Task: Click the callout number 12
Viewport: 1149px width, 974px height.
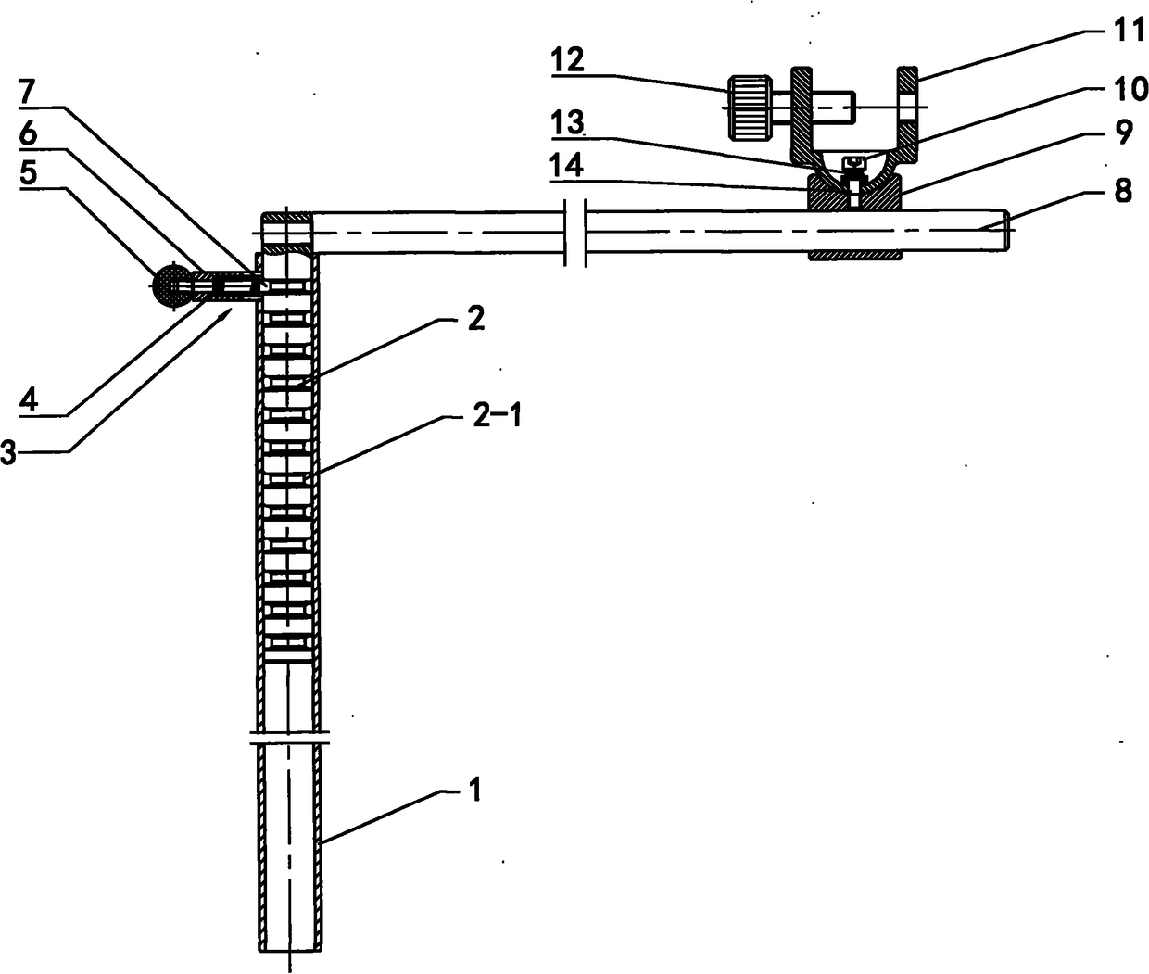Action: tap(568, 60)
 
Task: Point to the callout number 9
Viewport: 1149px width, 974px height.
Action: tap(1124, 133)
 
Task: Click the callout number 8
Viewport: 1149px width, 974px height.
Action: tap(1123, 191)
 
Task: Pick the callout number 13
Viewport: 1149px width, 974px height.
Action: tap(568, 122)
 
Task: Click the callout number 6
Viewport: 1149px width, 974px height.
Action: tap(27, 133)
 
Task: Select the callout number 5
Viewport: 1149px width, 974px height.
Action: tap(28, 173)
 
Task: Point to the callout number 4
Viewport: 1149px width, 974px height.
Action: tap(29, 399)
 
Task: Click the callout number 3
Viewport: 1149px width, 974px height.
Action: tap(7, 451)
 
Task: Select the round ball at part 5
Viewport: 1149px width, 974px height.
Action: tap(172, 285)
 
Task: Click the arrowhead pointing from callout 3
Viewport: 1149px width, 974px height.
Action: tap(225, 315)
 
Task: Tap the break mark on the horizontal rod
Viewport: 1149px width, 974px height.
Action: tap(574, 233)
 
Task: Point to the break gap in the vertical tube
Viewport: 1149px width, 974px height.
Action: tap(289, 737)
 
